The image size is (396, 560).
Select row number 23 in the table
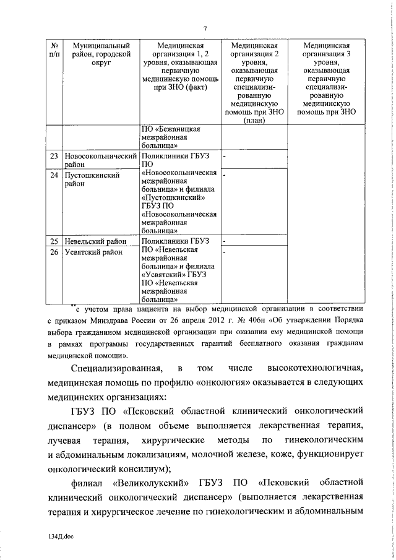click(x=54, y=157)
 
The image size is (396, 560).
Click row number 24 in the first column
click(x=54, y=175)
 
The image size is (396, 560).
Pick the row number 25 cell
click(x=54, y=241)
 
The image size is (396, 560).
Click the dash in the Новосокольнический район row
click(x=225, y=157)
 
